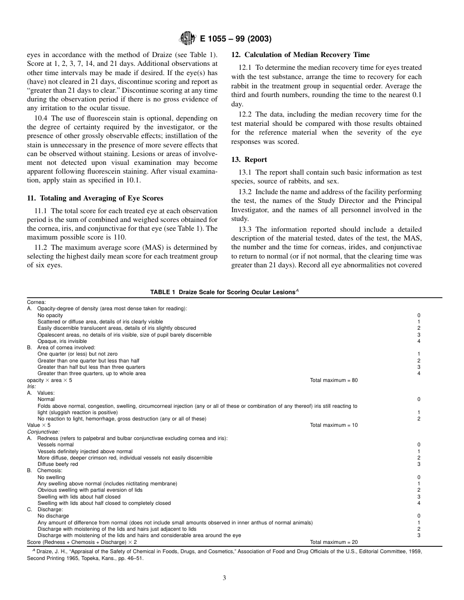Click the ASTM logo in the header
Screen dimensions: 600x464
[x=188, y=39]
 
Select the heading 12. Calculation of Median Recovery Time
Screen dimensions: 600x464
[x=300, y=55]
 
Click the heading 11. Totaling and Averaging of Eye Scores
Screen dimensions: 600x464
[x=95, y=198]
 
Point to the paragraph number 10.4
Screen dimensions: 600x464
[x=42, y=118]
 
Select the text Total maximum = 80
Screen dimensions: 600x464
[x=334, y=380]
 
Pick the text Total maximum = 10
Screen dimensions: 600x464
[x=334, y=425]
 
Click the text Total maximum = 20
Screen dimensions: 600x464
[x=334, y=542]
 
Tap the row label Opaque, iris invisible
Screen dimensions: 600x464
[x=62, y=341]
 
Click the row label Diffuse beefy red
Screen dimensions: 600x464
[x=58, y=464]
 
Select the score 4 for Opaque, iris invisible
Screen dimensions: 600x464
[x=419, y=341]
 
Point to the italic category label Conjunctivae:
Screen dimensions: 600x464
[x=43, y=432]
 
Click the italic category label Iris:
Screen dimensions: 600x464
[x=32, y=386]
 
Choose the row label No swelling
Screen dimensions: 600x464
[x=51, y=477]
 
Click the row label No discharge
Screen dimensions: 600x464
[x=53, y=516]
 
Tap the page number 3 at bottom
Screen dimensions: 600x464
[x=224, y=578]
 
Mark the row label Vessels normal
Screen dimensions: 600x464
[x=55, y=445]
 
